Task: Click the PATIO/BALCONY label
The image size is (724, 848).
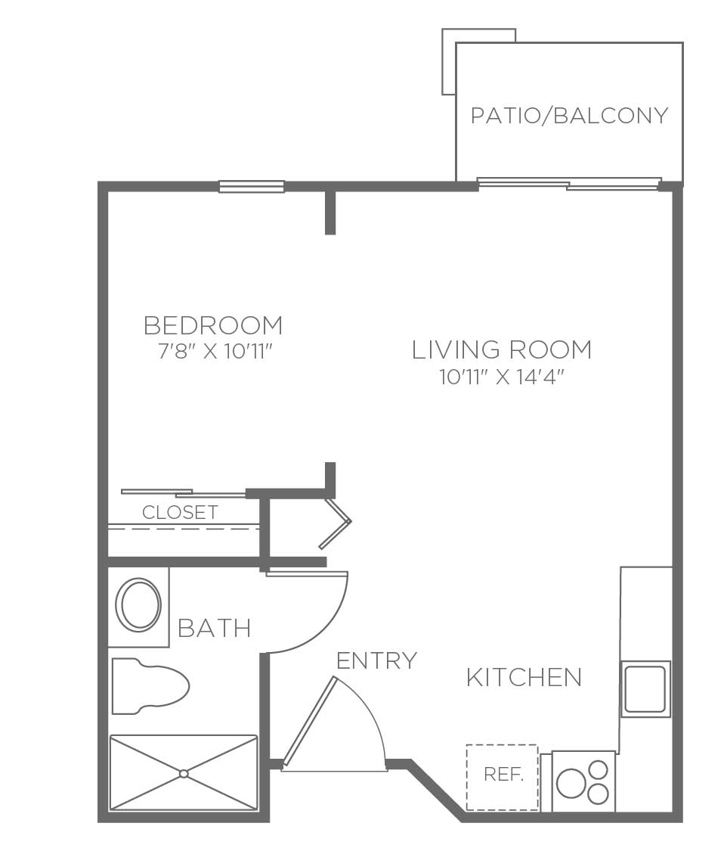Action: [570, 116]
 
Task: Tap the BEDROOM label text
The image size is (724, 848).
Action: [213, 325]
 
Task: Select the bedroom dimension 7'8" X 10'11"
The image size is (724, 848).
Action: [213, 352]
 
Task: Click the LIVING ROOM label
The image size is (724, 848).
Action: [502, 350]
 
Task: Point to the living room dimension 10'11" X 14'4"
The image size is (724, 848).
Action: [502, 377]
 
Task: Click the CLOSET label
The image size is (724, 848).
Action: [180, 512]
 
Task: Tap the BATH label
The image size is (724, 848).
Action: [215, 629]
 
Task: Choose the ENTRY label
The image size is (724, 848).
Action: [376, 660]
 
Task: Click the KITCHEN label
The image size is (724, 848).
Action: [524, 678]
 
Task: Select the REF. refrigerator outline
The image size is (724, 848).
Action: [502, 777]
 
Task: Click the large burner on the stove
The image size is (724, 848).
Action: [571, 782]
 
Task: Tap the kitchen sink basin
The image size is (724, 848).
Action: [645, 688]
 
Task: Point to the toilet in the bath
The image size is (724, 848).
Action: [150, 686]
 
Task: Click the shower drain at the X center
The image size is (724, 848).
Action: [184, 773]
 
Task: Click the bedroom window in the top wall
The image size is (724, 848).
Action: [252, 187]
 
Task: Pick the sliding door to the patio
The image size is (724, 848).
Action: [569, 184]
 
